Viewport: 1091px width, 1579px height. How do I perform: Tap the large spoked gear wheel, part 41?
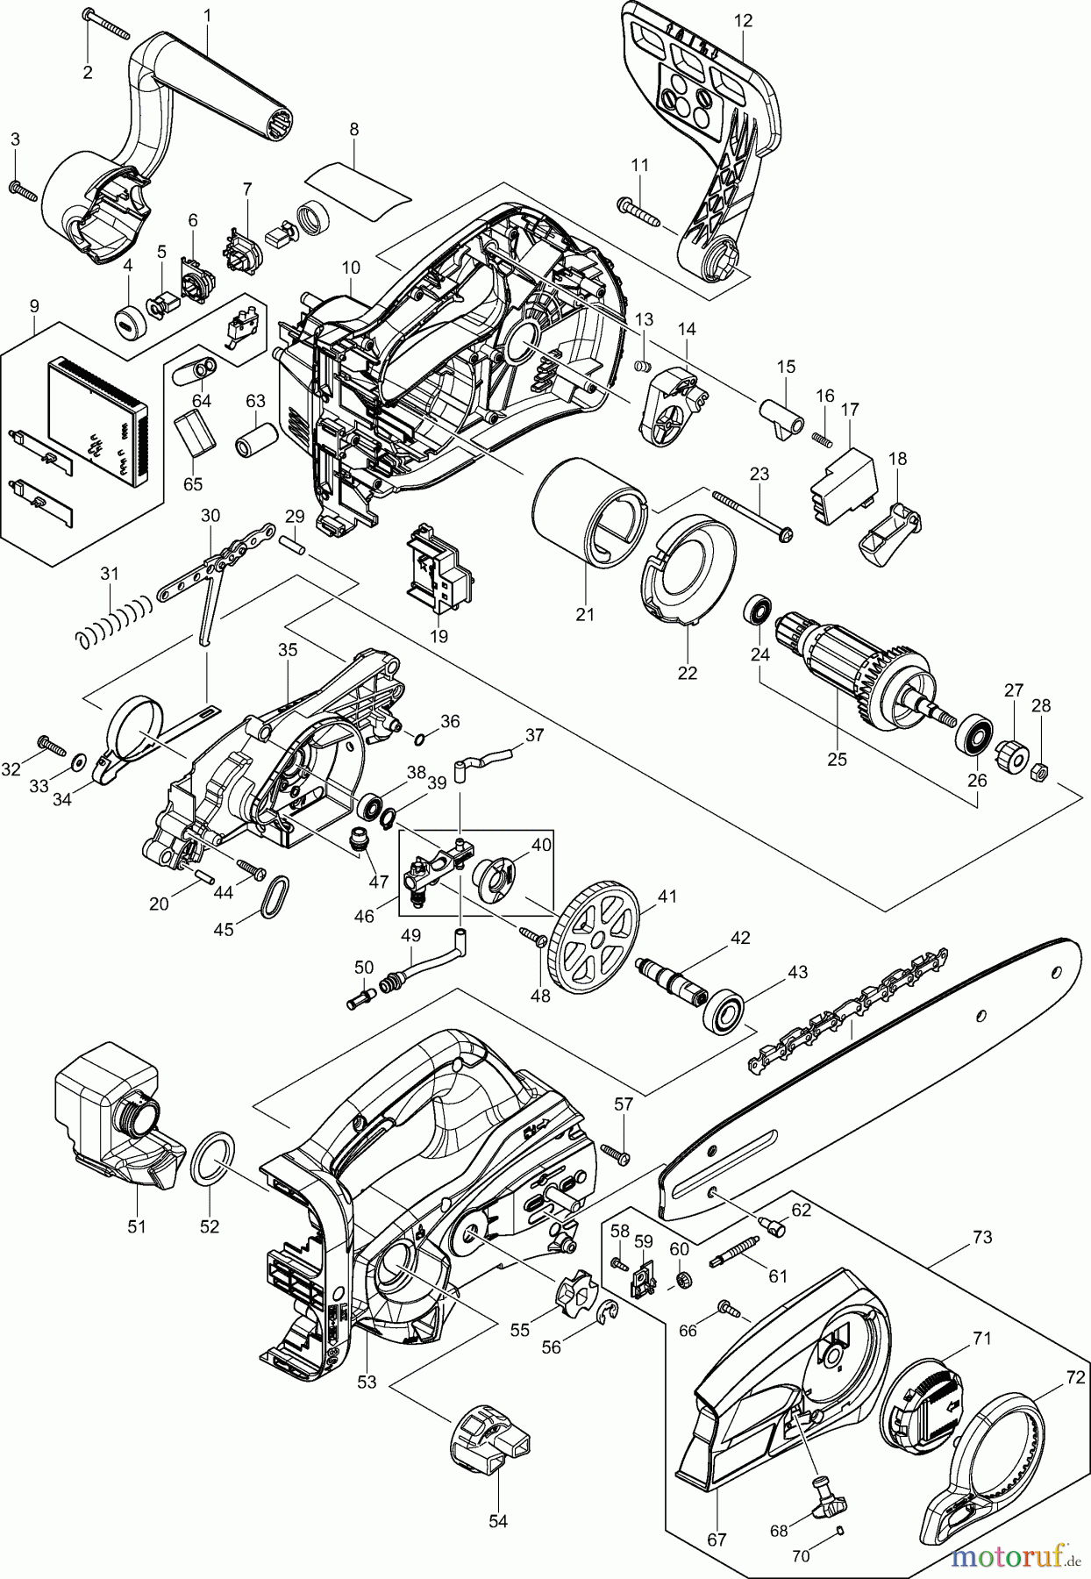(x=595, y=941)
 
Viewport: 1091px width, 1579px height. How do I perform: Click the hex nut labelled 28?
(x=1035, y=770)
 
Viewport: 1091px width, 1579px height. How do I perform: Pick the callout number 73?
(x=981, y=1237)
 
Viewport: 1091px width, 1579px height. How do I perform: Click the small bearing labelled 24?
(x=758, y=610)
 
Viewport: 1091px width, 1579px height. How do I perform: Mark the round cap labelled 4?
(x=128, y=318)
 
